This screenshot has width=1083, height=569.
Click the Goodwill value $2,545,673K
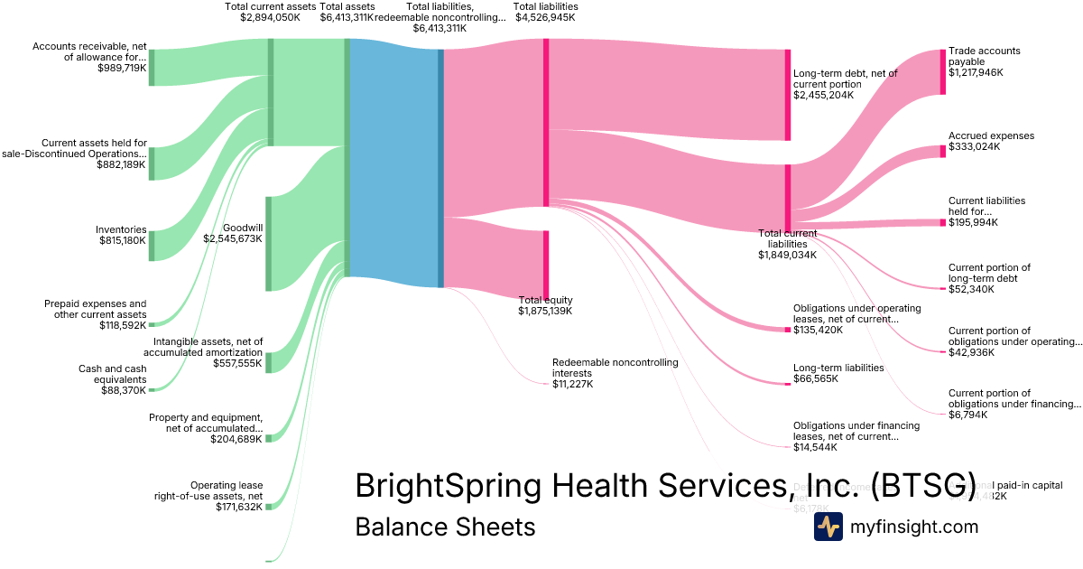[x=233, y=239]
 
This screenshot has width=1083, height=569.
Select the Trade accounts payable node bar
[x=943, y=71]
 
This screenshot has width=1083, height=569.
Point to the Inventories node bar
[x=152, y=246]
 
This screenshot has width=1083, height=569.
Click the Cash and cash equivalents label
[x=113, y=375]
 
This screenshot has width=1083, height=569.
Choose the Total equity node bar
[x=546, y=264]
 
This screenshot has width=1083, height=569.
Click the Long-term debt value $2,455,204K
[x=823, y=95]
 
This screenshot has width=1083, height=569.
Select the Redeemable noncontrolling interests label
[x=615, y=368]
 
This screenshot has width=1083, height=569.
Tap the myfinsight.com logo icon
[x=828, y=527]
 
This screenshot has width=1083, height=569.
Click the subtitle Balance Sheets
[x=445, y=527]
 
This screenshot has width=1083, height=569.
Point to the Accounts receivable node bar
[x=152, y=68]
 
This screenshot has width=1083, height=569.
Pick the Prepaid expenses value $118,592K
[x=123, y=325]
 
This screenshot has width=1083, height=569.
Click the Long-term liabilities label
[x=838, y=368]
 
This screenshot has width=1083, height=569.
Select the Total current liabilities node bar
[x=788, y=199]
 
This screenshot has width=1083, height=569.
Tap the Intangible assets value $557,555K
[x=237, y=363]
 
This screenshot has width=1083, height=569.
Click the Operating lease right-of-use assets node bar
[x=269, y=507]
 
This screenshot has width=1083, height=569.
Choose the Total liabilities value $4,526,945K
[x=545, y=17]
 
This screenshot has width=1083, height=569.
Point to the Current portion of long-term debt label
[x=989, y=273]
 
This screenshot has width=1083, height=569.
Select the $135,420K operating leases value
[x=818, y=330]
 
